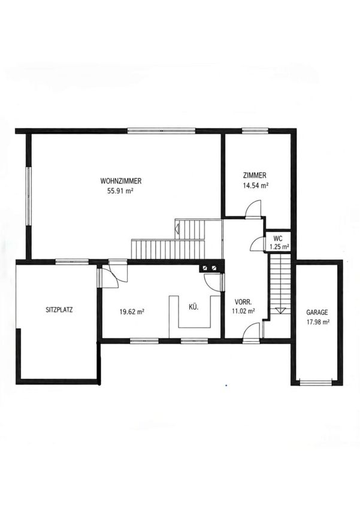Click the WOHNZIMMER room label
click(121, 180)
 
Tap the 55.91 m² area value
click(121, 191)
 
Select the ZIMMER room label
click(255, 175)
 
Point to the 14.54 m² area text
click(255, 186)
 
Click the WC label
click(278, 238)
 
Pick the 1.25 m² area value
click(280, 247)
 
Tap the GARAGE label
click(317, 312)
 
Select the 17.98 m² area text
click(318, 322)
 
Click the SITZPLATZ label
click(59, 310)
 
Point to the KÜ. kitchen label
click(193, 307)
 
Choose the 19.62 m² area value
click(132, 312)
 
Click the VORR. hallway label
click(243, 302)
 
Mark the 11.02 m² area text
click(243, 311)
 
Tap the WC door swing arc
click(254, 242)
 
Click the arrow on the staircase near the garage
click(279, 310)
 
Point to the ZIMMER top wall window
click(255, 131)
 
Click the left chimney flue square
click(205, 268)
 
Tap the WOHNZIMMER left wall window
click(29, 196)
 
